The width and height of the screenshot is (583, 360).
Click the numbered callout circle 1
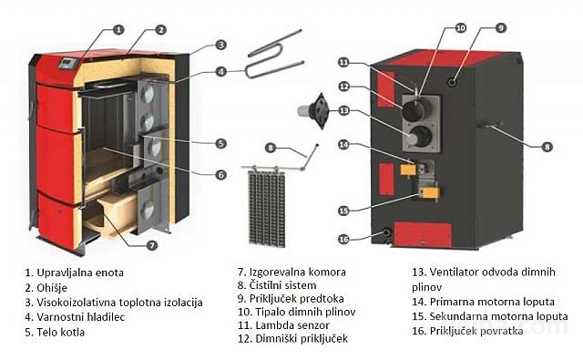(x=118, y=30)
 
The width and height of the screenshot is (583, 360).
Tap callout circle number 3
(x=220, y=45)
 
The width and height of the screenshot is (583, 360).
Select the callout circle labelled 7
(x=152, y=245)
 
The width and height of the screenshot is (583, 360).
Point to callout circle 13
(x=344, y=110)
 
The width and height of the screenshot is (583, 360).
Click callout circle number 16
(x=344, y=239)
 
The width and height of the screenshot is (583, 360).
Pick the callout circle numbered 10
(x=461, y=28)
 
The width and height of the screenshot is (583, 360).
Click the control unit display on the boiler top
(x=68, y=63)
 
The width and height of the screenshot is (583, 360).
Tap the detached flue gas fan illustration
(x=313, y=111)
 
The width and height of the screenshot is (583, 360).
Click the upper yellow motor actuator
(x=407, y=170)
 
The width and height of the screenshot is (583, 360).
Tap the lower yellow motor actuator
(x=431, y=192)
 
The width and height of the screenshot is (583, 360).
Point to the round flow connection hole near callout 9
(x=453, y=81)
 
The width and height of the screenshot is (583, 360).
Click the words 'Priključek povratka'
(x=476, y=331)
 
